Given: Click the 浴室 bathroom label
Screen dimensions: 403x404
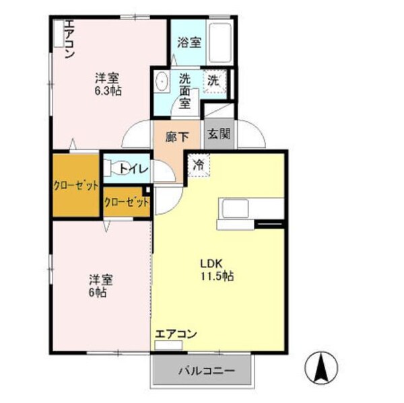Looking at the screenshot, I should point(189,42).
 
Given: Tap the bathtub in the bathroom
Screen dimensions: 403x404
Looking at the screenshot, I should point(220,42).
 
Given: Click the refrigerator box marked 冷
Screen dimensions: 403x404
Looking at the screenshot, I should point(199,163).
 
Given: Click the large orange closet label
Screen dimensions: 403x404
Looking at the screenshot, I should point(76,186).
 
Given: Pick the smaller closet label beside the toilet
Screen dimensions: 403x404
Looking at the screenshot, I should point(126,202).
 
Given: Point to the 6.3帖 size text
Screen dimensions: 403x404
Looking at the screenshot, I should point(108,91).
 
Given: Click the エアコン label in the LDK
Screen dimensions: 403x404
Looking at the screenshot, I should point(175,334).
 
